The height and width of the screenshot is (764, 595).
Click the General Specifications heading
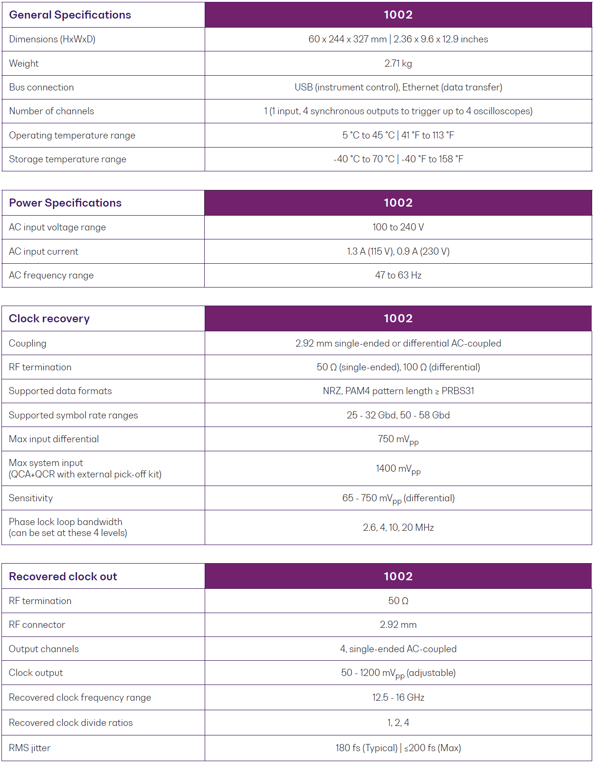point(70,15)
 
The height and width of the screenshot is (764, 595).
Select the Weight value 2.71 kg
point(398,63)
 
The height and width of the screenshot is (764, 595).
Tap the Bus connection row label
point(41,87)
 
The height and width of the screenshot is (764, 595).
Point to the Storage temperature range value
point(398,159)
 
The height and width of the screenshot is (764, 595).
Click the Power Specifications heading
point(65,203)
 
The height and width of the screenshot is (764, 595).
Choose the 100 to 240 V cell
point(398,227)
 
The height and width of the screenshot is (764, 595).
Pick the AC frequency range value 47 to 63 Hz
point(398,275)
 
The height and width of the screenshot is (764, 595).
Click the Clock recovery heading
point(49,318)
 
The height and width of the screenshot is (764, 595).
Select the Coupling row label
point(28,343)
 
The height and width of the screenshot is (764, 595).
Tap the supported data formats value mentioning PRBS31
point(398,391)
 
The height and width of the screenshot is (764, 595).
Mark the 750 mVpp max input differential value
point(398,439)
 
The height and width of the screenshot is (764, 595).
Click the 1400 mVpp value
point(398,469)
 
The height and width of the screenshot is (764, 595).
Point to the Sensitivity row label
point(31,498)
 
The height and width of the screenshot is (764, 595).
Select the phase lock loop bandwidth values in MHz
point(398,527)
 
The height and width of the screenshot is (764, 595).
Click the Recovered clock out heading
point(63,576)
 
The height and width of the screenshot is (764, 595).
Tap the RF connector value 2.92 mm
point(398,625)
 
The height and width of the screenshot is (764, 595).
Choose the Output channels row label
point(44,649)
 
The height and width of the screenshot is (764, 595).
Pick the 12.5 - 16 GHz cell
point(398,697)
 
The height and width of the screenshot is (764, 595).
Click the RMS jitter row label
point(30,748)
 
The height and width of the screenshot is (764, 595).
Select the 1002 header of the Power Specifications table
point(398,203)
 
